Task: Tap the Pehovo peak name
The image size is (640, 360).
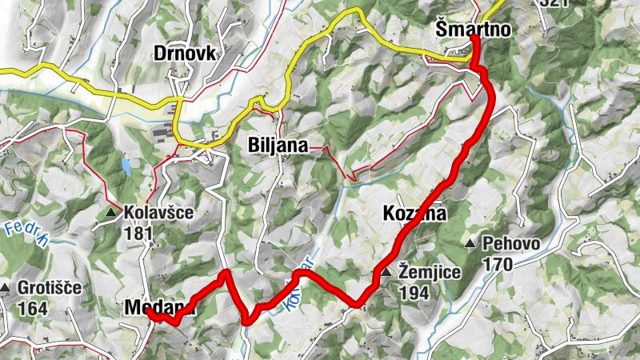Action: [512, 244]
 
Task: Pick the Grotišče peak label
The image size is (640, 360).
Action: [51, 288]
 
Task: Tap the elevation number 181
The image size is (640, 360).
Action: [138, 234]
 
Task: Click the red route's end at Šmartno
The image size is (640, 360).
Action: [474, 38]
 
